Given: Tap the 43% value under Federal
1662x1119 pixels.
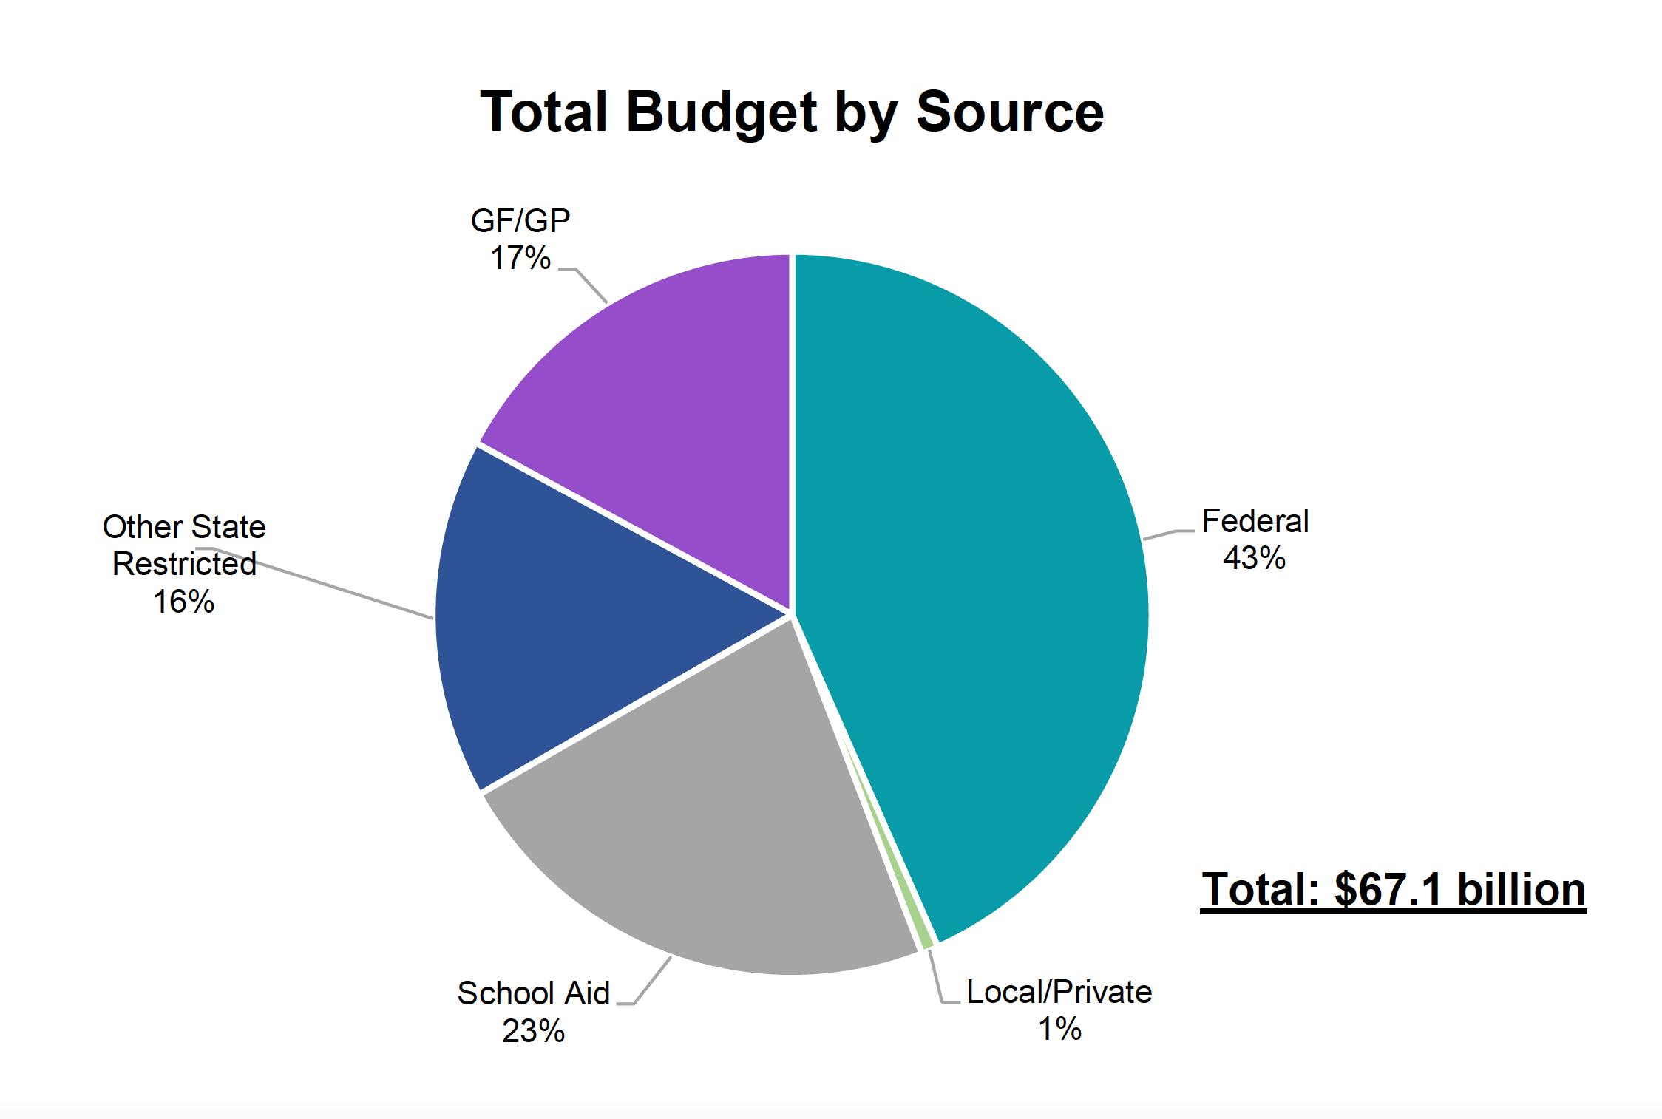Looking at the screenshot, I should click(1254, 558).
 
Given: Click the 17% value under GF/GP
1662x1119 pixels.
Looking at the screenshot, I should click(520, 258).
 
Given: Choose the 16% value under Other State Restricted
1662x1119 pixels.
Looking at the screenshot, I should click(183, 602).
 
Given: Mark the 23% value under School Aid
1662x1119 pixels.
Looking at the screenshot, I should click(533, 1031).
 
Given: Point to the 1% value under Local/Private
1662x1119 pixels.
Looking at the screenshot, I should click(1059, 1029).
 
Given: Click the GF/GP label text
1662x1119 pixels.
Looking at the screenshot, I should click(520, 221).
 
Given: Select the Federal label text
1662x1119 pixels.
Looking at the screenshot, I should click(1255, 521).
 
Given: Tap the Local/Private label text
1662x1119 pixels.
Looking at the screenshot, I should click(1059, 992).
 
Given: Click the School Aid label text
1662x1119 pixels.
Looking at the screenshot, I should click(533, 993).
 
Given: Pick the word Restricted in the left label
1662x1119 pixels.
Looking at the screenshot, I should click(184, 564).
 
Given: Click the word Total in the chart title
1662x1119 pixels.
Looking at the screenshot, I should click(545, 112).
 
